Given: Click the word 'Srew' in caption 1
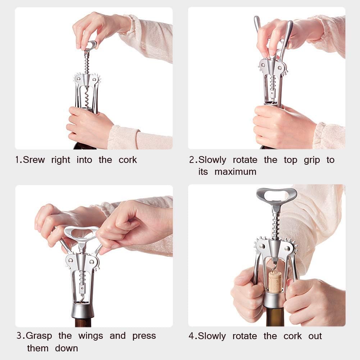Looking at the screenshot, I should click(x=34, y=160).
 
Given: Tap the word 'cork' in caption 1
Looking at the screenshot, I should click(x=128, y=160).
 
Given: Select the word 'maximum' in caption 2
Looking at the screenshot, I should click(x=235, y=172).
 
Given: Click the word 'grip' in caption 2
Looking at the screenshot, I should click(x=311, y=160).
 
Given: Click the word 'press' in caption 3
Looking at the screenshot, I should click(x=144, y=336).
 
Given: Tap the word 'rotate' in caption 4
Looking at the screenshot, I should click(x=244, y=336).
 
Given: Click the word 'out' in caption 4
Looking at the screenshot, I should click(x=315, y=336).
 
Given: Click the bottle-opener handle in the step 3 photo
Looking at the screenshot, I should click(x=82, y=233).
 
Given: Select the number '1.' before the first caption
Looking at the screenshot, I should click(x=19, y=160).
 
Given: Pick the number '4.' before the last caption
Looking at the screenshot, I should click(x=193, y=336).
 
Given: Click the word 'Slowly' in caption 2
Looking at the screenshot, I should click(x=212, y=160).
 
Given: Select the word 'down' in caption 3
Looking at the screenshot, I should click(x=67, y=348).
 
